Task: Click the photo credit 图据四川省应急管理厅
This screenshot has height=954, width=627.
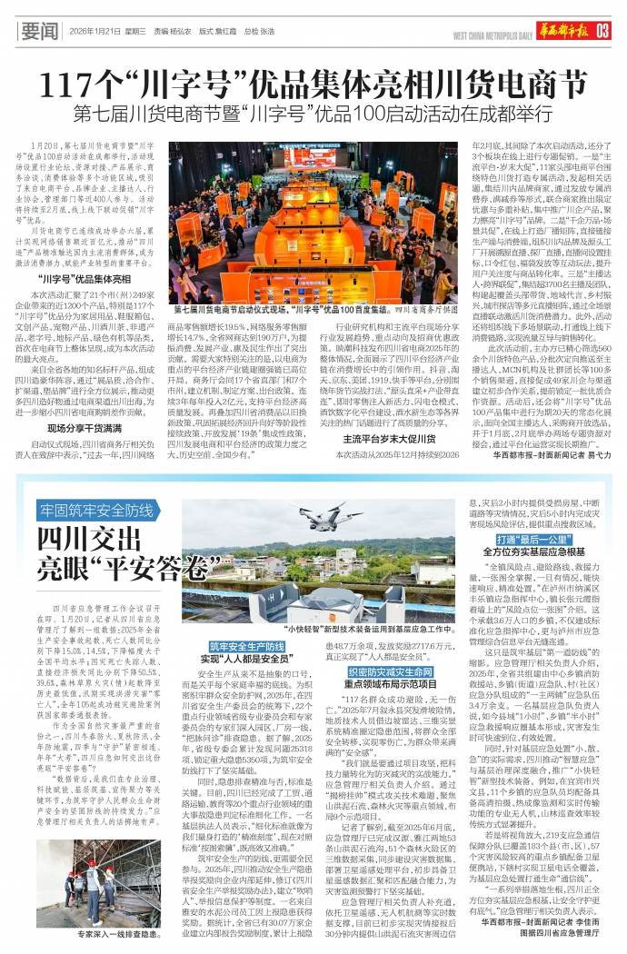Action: pyautogui.click(x=560, y=932)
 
